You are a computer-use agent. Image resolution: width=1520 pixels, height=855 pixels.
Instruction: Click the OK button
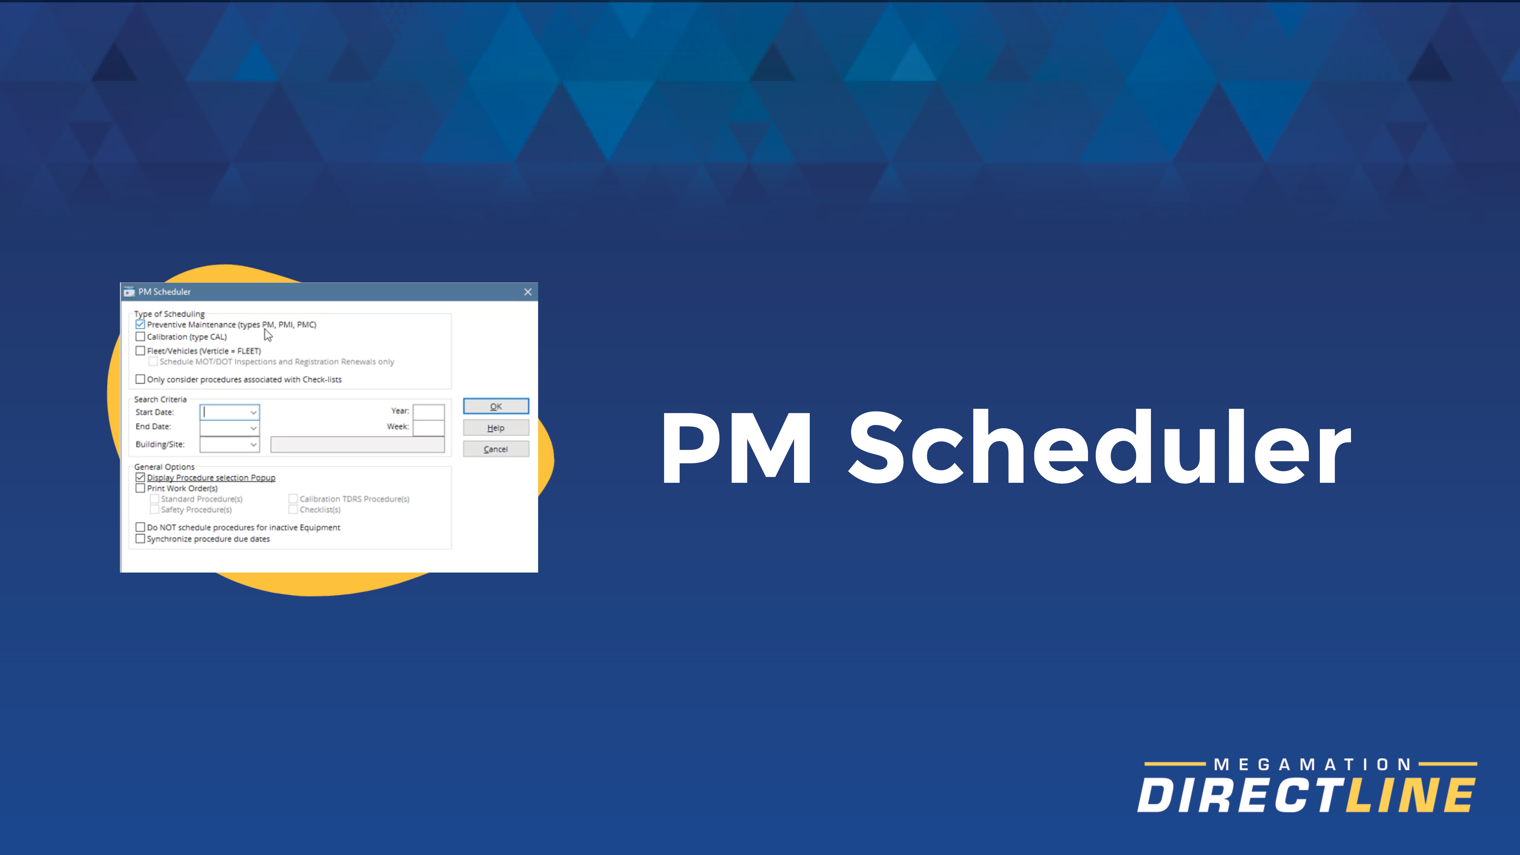coord(496,406)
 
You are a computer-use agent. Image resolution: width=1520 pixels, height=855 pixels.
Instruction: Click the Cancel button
coord(496,449)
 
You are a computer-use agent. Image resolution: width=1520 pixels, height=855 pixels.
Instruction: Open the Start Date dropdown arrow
coord(253,412)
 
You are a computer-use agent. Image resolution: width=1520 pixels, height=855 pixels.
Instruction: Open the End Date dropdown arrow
coord(253,428)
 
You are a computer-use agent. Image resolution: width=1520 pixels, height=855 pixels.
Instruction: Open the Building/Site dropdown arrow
coord(253,444)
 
